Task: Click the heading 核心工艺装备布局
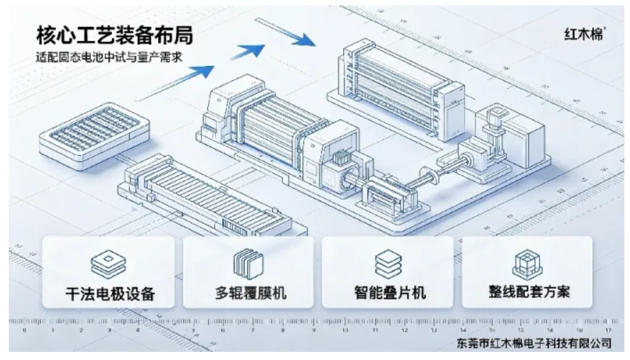coord(115,35)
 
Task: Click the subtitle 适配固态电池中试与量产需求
coord(109,57)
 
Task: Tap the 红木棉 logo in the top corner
coord(585,34)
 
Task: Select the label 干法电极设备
coord(111,293)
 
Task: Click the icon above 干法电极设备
coord(109,264)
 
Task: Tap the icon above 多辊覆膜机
coord(248,264)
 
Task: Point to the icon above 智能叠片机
coord(388,263)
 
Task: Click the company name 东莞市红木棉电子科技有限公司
coord(534,344)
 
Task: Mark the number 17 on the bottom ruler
coord(608,330)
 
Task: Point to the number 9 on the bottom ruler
coord(314,330)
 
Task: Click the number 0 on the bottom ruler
coord(24,330)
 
